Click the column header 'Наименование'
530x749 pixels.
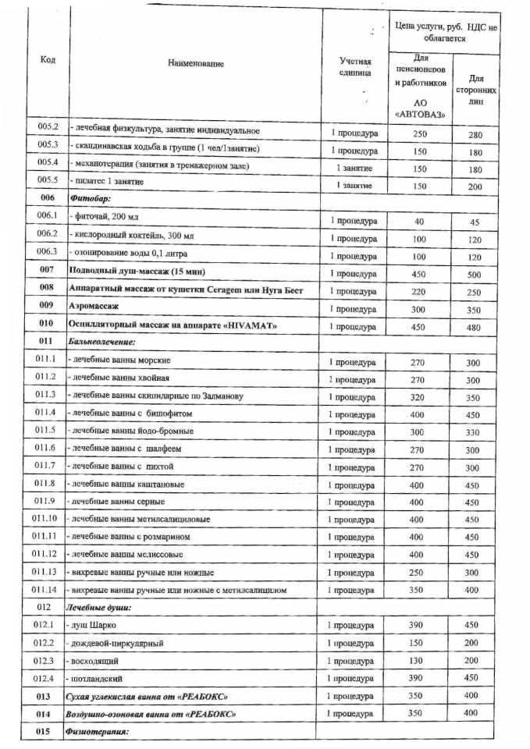pos(195,64)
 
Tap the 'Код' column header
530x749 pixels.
pos(48,62)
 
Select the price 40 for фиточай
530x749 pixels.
pos(419,222)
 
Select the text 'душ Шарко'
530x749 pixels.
pos(97,626)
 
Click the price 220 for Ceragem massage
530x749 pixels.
pos(420,292)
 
